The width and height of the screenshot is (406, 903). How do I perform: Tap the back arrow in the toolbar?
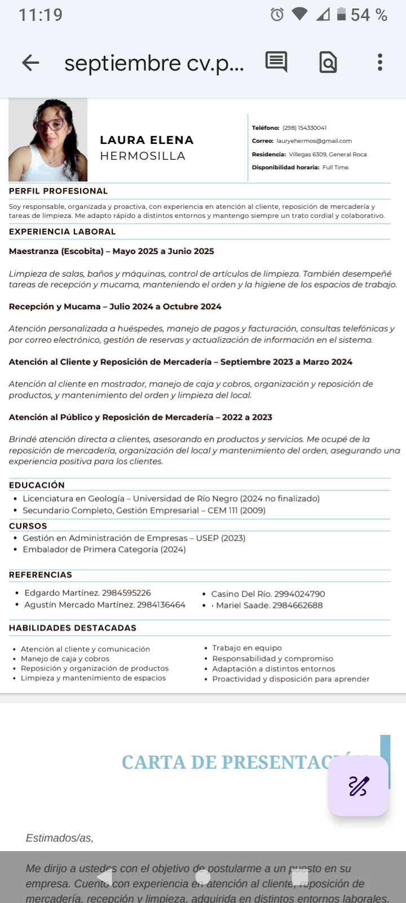(30, 63)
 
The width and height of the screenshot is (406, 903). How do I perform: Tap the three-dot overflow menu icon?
(380, 62)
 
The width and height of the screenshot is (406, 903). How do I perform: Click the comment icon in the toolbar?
(276, 62)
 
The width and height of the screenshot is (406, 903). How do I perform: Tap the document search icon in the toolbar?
(328, 62)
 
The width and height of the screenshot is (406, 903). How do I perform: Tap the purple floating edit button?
(359, 786)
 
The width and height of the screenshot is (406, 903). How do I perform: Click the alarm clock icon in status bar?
(277, 15)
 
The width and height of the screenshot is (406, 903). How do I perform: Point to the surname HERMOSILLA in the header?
(143, 156)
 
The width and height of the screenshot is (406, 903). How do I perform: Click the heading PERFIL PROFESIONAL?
(58, 191)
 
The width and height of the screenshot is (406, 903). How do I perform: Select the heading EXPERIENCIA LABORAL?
(62, 231)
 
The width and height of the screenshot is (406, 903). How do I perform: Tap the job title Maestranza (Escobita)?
(56, 251)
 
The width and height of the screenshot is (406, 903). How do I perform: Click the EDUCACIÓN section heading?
(37, 485)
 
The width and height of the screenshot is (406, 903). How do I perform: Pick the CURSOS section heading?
(28, 525)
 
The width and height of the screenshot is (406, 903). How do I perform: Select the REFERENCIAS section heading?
(41, 575)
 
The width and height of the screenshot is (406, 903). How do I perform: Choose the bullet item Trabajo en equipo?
(247, 648)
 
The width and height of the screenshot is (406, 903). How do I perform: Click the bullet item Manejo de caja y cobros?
(65, 659)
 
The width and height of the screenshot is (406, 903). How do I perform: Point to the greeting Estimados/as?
(59, 838)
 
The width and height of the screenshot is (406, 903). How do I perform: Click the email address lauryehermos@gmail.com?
(314, 141)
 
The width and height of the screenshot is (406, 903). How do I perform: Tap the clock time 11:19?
(41, 15)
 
